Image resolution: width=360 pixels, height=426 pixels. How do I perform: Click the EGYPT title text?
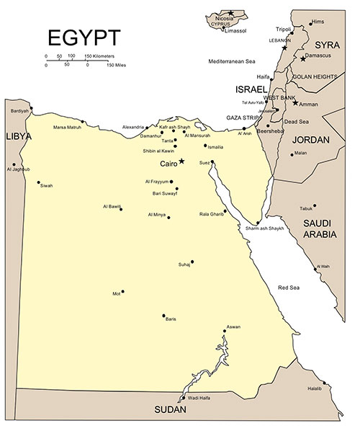click(x=84, y=37)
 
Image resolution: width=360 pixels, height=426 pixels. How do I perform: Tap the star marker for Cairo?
click(x=182, y=161)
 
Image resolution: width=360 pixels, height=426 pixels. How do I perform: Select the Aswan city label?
click(x=233, y=327)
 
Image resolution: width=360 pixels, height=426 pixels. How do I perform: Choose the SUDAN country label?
click(x=171, y=409)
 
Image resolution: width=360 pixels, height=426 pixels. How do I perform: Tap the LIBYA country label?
click(x=18, y=136)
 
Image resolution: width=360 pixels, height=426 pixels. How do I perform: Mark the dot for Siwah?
click(x=39, y=182)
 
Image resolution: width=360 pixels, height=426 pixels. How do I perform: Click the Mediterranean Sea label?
click(x=232, y=61)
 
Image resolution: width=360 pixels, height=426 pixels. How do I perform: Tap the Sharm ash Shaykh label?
click(x=265, y=228)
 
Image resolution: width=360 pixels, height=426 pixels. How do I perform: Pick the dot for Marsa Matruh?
click(x=83, y=122)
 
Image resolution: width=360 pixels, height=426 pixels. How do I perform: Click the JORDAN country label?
click(x=309, y=138)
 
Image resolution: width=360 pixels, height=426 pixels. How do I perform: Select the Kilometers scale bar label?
click(x=101, y=56)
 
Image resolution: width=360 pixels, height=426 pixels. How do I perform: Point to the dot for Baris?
click(x=164, y=315)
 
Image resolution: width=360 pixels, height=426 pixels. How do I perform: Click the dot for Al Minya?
click(x=168, y=217)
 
